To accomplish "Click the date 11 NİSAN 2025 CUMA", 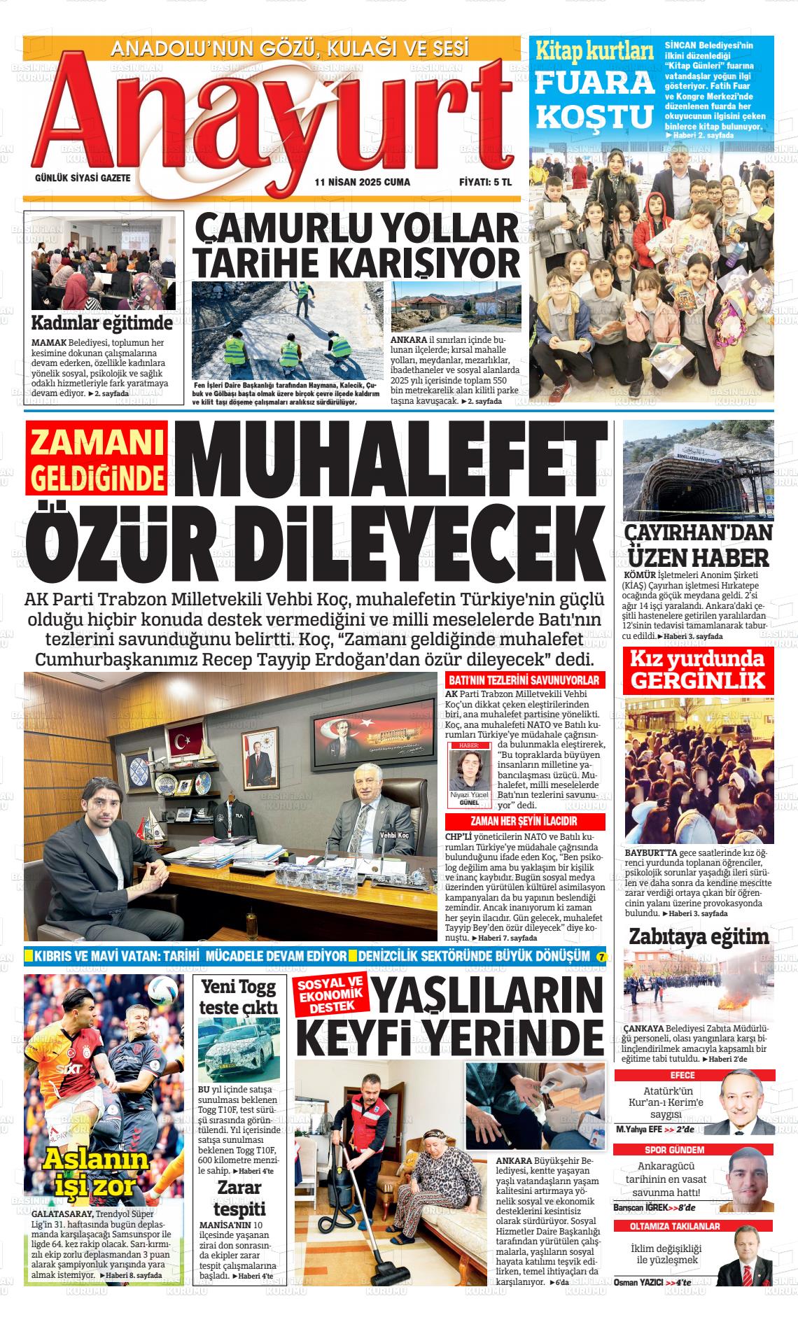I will coord(362,182).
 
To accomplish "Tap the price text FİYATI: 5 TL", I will coord(485,182).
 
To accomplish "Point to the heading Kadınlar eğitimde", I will coord(102,323).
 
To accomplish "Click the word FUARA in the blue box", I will coord(594,83).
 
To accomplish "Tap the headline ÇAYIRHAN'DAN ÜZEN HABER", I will coord(699,544).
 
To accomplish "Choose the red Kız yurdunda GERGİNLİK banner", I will coord(699,670).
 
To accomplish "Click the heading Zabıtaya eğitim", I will coord(699,936).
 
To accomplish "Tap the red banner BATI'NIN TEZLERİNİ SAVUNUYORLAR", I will coord(524,680).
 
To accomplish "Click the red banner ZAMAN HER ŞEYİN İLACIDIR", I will coord(524,822).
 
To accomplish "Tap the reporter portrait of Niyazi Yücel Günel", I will coord(468,771).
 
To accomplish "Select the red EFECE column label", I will coord(682,1076).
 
